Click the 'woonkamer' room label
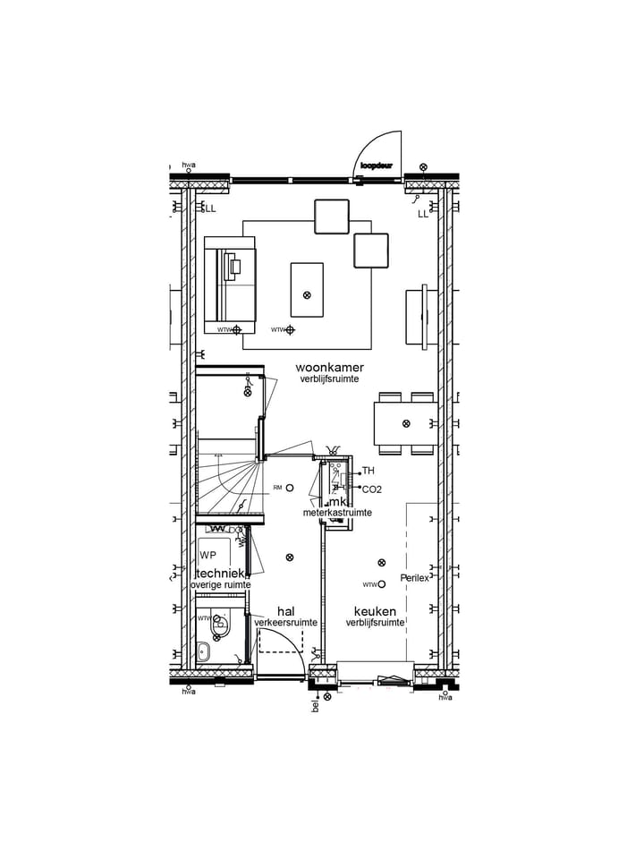(x=329, y=368)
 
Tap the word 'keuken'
(x=375, y=611)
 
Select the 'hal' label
(x=285, y=611)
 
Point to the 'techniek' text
(x=221, y=573)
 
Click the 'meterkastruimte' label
(x=336, y=513)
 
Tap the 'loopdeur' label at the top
(x=377, y=166)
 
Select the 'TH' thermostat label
(x=369, y=471)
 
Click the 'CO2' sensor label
(x=371, y=489)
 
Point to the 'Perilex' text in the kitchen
(x=415, y=578)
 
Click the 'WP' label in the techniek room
(x=208, y=556)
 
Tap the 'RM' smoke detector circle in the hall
(x=290, y=488)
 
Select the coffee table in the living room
(x=307, y=288)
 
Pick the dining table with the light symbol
(x=405, y=423)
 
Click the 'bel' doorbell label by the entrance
(x=315, y=706)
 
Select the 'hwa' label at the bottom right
(x=445, y=698)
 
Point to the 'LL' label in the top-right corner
(x=423, y=214)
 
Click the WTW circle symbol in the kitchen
(x=382, y=584)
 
